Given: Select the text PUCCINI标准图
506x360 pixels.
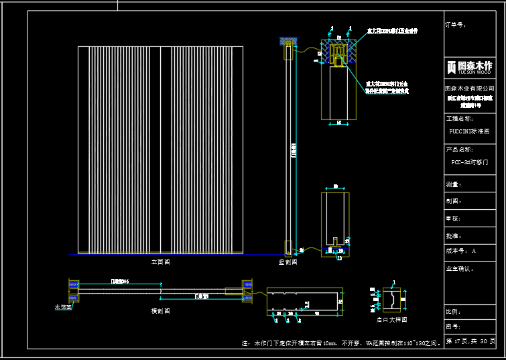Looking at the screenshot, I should coord(468,131).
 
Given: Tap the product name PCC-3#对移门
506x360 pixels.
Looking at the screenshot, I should coord(468,162).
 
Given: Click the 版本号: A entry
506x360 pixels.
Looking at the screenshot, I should coord(460,251).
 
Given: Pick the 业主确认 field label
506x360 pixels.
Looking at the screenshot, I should coord(459,269).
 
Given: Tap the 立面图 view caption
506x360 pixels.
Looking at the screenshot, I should coord(160,262).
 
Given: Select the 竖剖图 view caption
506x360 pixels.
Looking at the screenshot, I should coord(288,262).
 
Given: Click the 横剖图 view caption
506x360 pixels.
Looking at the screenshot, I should coord(160,311).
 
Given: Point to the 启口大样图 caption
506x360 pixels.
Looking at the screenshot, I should coord(391,320).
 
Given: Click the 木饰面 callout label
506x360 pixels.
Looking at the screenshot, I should coord(62,307).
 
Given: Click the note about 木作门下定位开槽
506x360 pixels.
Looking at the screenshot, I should coord(341,343).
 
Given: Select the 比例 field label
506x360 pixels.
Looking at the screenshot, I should coord(453,312).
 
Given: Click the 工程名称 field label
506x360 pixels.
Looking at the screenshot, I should coord(459,118).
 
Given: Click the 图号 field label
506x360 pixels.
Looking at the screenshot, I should coord(453,327).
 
